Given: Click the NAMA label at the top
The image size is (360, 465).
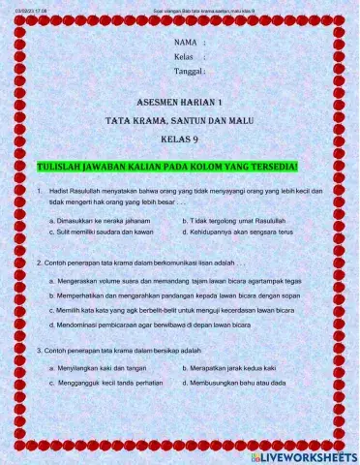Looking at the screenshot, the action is [x=186, y=44].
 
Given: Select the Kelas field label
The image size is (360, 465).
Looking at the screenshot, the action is [x=184, y=57].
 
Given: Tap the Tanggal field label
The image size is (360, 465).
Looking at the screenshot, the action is [x=188, y=71].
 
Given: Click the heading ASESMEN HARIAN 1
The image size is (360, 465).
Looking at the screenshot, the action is [x=180, y=102].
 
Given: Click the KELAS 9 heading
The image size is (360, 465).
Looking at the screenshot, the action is [x=180, y=138].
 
